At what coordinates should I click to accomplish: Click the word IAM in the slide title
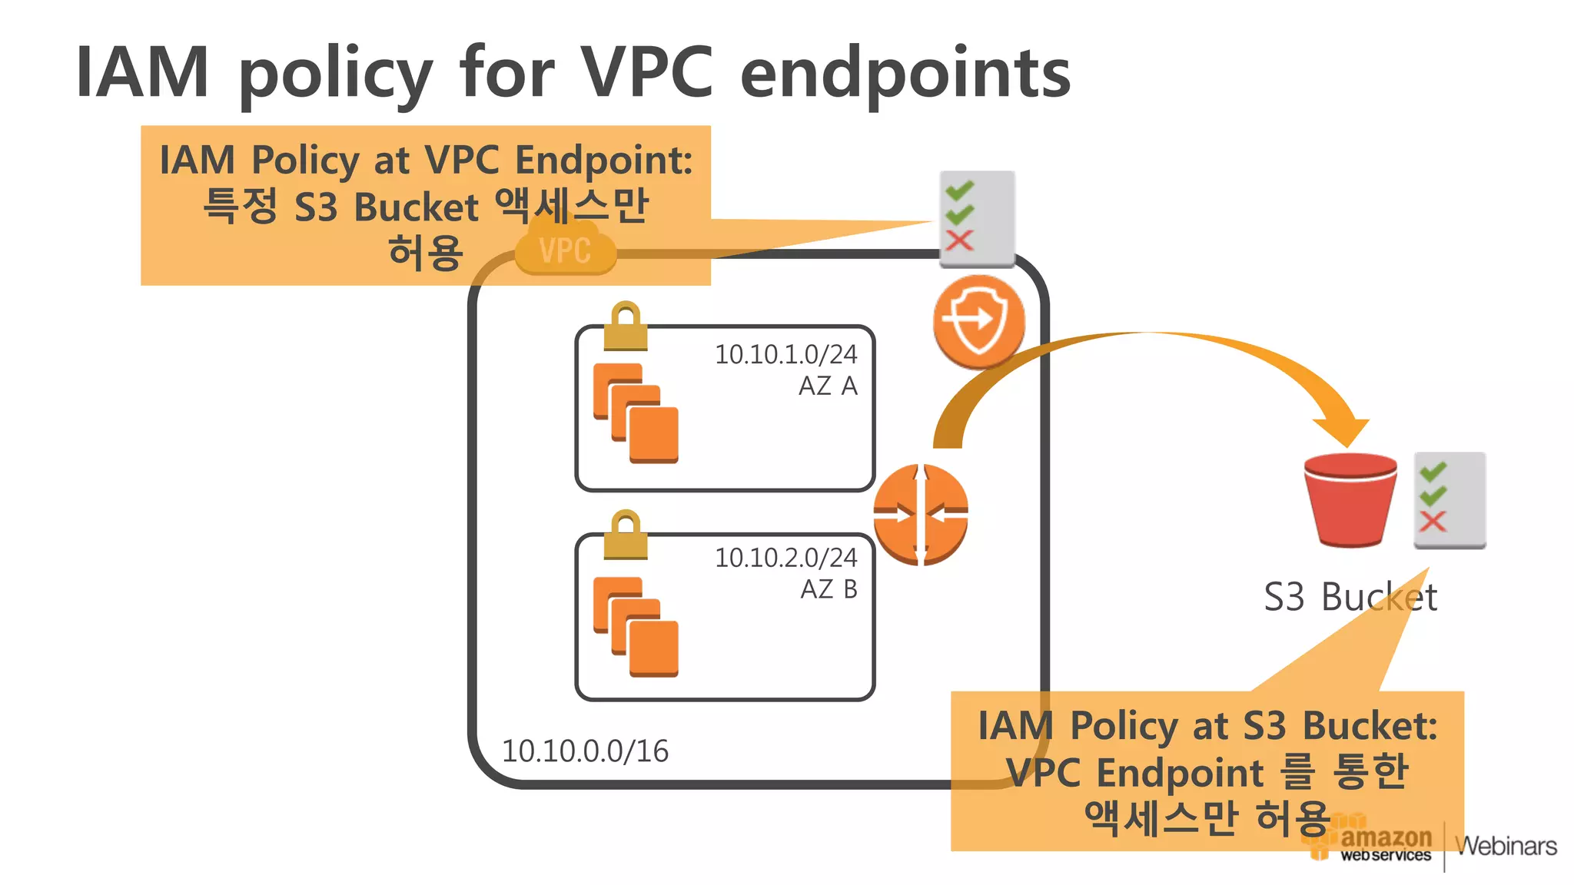pyautogui.click(x=142, y=72)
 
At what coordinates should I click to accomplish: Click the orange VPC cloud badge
pyautogui.click(x=566, y=250)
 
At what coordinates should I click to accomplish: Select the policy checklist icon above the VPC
pyautogui.click(x=977, y=218)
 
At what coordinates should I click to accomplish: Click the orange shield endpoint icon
pyautogui.click(x=978, y=320)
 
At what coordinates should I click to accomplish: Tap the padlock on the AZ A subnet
pyautogui.click(x=626, y=326)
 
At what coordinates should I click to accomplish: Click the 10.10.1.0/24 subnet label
pyautogui.click(x=785, y=354)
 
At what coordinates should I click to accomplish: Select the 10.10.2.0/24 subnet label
pyautogui.click(x=785, y=558)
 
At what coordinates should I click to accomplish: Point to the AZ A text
pyautogui.click(x=828, y=386)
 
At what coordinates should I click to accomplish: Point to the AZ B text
pyautogui.click(x=829, y=589)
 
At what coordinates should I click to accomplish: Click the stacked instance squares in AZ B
pyautogui.click(x=636, y=627)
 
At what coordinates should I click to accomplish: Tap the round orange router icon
pyautogui.click(x=921, y=515)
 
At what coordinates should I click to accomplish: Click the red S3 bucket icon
pyautogui.click(x=1350, y=499)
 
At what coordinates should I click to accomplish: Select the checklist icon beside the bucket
pyautogui.click(x=1449, y=500)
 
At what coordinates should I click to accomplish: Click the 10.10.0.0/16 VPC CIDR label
pyautogui.click(x=585, y=751)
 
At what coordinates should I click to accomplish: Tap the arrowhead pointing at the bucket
pyautogui.click(x=1342, y=432)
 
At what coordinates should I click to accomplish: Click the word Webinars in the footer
pyautogui.click(x=1506, y=846)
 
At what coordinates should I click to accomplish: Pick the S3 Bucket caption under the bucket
pyautogui.click(x=1350, y=597)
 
